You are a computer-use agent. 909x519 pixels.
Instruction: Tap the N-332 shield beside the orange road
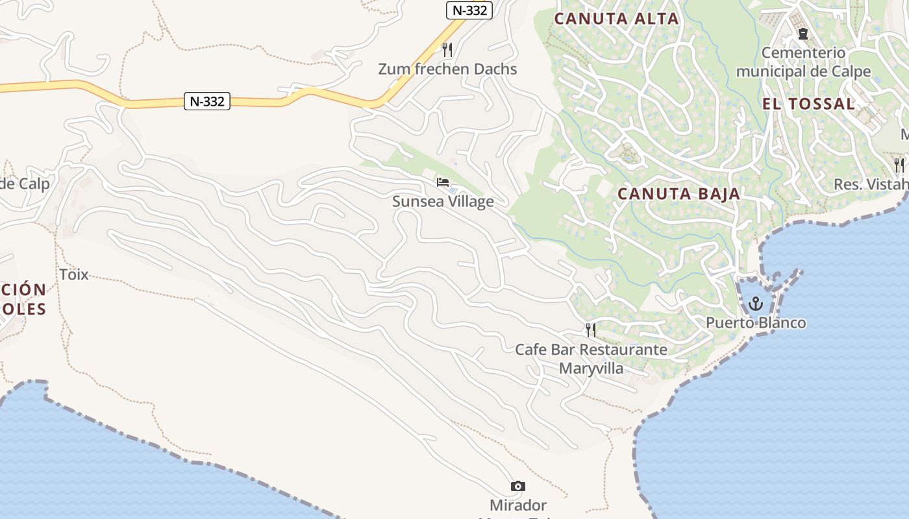(x=207, y=101)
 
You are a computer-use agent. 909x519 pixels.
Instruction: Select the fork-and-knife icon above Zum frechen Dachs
(x=447, y=49)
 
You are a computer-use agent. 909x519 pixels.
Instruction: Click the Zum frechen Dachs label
(x=447, y=69)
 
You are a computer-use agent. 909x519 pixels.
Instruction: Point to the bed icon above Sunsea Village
(x=443, y=182)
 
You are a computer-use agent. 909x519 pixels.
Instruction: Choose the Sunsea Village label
(x=443, y=202)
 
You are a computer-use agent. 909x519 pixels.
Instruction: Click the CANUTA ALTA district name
(x=616, y=19)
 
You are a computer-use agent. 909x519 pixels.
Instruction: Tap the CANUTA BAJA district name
(x=679, y=194)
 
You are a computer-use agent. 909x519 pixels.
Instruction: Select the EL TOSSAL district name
(x=808, y=104)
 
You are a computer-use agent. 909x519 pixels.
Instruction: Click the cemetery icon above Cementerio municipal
(x=803, y=34)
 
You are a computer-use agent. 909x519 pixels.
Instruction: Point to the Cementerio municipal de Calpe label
(x=803, y=62)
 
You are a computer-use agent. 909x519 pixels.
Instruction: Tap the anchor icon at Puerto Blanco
(x=755, y=303)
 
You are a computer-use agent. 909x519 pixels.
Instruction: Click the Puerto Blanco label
(x=756, y=323)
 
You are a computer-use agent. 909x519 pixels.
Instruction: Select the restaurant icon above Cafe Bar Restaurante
(x=591, y=330)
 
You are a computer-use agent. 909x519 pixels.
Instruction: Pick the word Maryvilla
(x=591, y=368)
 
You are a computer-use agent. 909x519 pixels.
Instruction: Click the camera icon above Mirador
(x=517, y=486)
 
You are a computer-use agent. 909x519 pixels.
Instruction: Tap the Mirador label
(x=518, y=505)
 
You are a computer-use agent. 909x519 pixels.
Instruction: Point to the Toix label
(x=74, y=274)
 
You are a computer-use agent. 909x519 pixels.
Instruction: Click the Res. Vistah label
(x=870, y=184)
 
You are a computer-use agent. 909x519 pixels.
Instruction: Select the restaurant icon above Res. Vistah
(x=899, y=165)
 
